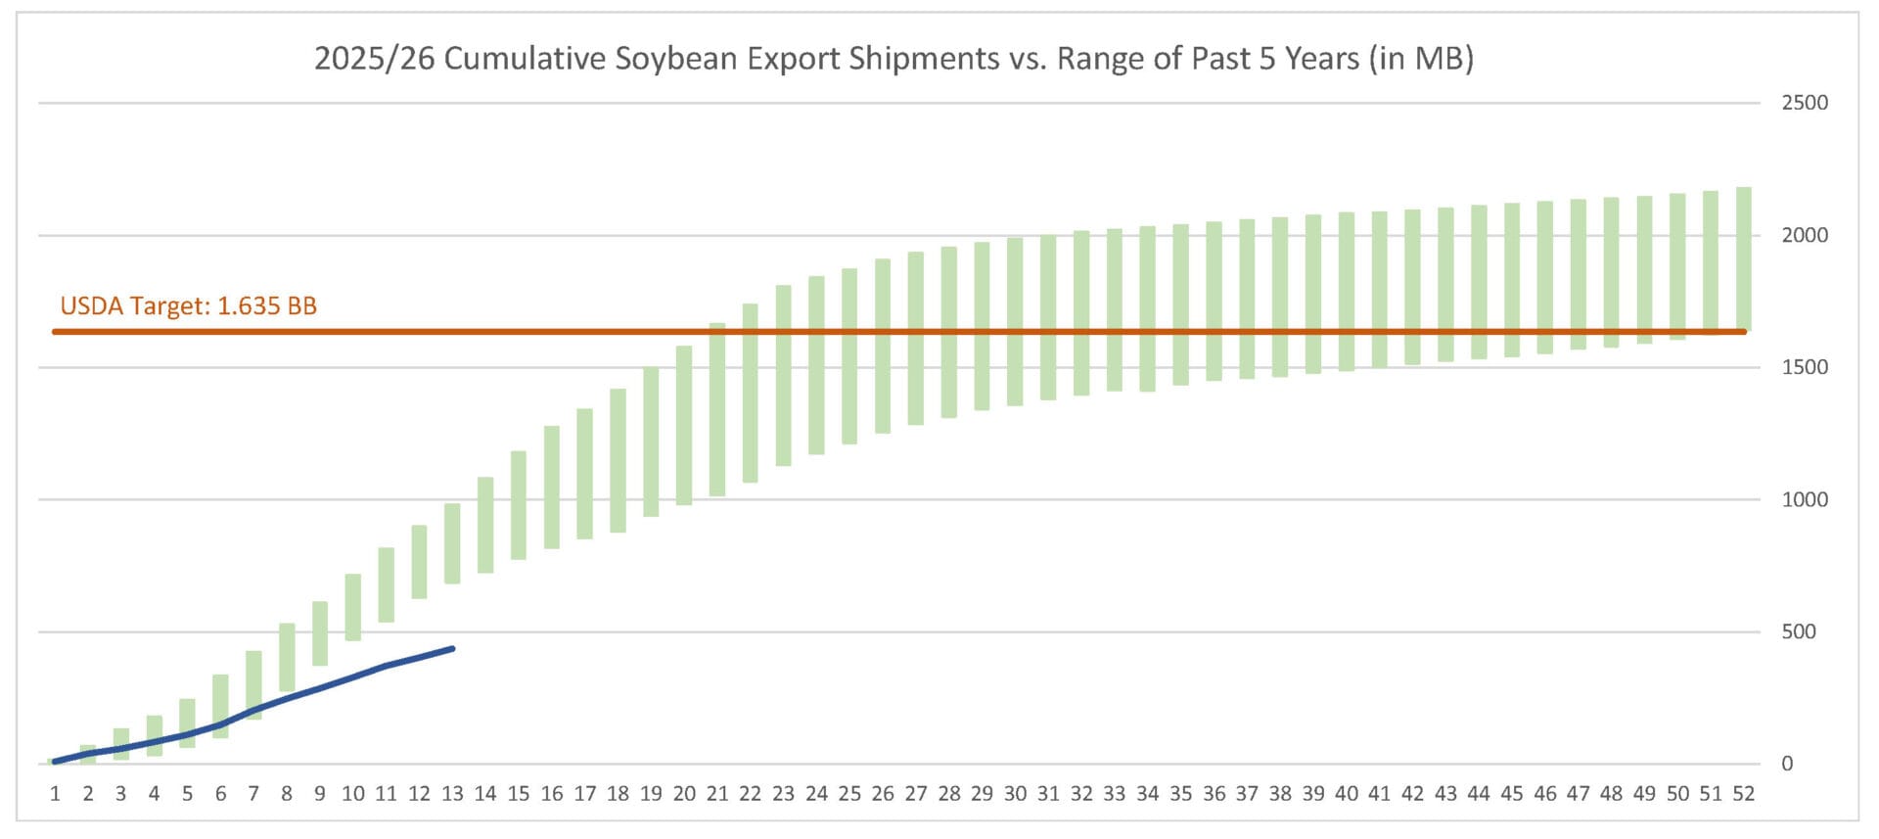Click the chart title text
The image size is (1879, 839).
click(x=893, y=59)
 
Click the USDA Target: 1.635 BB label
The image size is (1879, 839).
click(x=189, y=306)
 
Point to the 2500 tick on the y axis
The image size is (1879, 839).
click(x=1804, y=103)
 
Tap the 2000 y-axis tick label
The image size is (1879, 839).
click(x=1804, y=235)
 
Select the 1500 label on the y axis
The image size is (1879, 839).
click(x=1804, y=367)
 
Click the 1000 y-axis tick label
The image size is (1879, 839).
click(x=1804, y=499)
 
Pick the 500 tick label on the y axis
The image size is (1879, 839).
click(x=1798, y=631)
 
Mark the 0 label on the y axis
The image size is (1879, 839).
click(x=1787, y=764)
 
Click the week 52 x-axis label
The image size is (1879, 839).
click(x=1743, y=794)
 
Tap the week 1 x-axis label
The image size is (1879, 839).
click(x=55, y=794)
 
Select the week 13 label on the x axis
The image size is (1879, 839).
click(x=452, y=794)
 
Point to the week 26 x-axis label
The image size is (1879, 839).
click(x=883, y=794)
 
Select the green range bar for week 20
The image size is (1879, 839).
click(x=684, y=425)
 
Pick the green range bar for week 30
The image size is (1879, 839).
click(x=1015, y=321)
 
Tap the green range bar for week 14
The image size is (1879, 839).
click(x=485, y=525)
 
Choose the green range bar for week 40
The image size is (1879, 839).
click(x=1347, y=292)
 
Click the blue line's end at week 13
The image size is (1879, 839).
click(x=452, y=648)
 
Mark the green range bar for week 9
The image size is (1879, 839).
click(x=320, y=633)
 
